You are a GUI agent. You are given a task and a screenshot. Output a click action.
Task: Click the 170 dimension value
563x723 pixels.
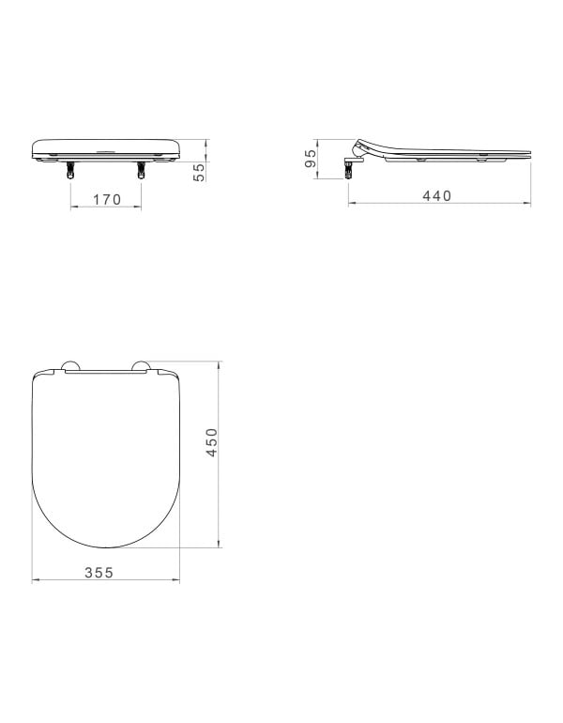pos(106,199)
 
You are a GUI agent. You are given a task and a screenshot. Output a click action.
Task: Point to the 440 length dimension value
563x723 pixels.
pos(436,195)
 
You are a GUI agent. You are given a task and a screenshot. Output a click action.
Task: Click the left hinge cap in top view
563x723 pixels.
pos(70,366)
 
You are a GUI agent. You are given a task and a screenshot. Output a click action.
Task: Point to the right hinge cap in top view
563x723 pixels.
pos(142,366)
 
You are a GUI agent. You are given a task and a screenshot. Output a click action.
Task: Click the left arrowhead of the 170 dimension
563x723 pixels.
pos(73,208)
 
